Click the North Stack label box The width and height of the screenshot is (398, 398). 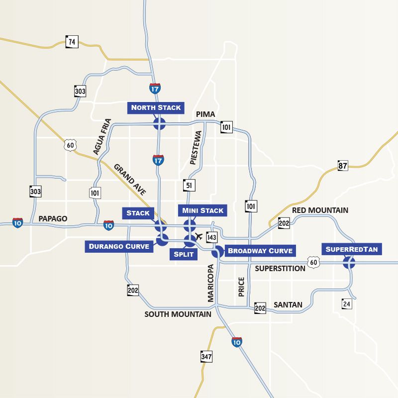coord(156,107)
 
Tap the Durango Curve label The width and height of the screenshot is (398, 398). coord(119,246)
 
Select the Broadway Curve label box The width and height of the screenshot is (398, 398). coord(260,250)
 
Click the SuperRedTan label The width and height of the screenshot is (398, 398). coord(352,249)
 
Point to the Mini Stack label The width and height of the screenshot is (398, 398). coord(203,210)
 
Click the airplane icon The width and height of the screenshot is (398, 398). coord(199,235)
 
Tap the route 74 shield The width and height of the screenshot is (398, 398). coord(72,42)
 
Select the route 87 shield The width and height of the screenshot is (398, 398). coord(343,166)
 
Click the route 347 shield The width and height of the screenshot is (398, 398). coord(206,357)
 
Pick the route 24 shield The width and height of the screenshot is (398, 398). coord(347,303)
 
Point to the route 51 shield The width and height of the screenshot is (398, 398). coord(189,185)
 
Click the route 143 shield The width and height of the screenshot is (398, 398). coord(212,238)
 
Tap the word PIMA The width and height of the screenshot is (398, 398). coord(205,114)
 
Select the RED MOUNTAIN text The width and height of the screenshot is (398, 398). coord(320,210)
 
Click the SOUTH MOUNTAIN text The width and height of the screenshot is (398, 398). coord(178,314)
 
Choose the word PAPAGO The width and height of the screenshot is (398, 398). coord(52,218)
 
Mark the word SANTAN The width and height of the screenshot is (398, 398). coord(288,304)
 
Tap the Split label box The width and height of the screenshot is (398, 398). coord(183,254)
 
